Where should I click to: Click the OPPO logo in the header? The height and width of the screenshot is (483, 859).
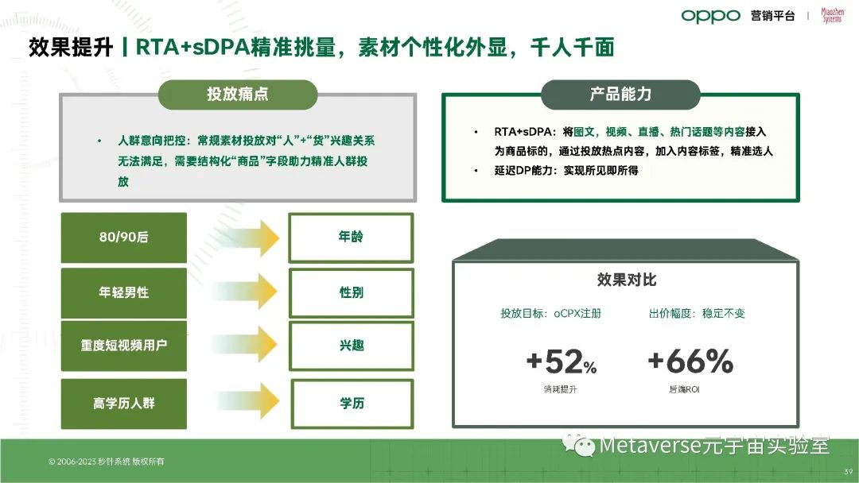pyautogui.click(x=710, y=17)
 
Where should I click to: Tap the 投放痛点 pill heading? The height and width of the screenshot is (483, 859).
pyautogui.click(x=238, y=94)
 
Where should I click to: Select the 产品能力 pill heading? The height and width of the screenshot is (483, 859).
pyautogui.click(x=620, y=94)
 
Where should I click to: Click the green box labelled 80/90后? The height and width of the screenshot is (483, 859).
pyautogui.click(x=124, y=238)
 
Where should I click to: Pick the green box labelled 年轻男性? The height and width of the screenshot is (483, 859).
pyautogui.click(x=124, y=292)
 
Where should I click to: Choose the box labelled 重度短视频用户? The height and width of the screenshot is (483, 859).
pyautogui.click(x=124, y=346)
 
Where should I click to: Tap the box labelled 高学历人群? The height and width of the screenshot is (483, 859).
pyautogui.click(x=124, y=404)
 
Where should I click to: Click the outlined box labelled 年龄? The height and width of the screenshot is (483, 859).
pyautogui.click(x=352, y=238)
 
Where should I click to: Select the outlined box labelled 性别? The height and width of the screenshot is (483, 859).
pyautogui.click(x=352, y=292)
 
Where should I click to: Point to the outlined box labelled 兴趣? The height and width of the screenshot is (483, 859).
pyautogui.click(x=352, y=346)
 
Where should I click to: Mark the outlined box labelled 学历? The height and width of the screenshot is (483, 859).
pyautogui.click(x=352, y=404)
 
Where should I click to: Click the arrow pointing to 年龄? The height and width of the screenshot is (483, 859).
pyautogui.click(x=247, y=238)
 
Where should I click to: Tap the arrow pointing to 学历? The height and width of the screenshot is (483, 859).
pyautogui.click(x=247, y=401)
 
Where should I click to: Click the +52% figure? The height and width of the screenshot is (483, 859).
pyautogui.click(x=561, y=361)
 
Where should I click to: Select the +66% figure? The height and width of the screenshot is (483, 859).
pyautogui.click(x=690, y=361)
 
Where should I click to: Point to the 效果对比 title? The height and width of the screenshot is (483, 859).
pyautogui.click(x=627, y=280)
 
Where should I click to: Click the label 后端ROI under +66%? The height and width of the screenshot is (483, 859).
pyautogui.click(x=684, y=389)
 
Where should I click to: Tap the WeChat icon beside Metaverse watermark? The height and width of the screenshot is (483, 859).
pyautogui.click(x=578, y=445)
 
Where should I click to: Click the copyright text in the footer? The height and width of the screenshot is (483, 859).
pyautogui.click(x=107, y=462)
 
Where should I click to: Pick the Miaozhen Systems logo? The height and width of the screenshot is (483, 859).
pyautogui.click(x=832, y=15)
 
